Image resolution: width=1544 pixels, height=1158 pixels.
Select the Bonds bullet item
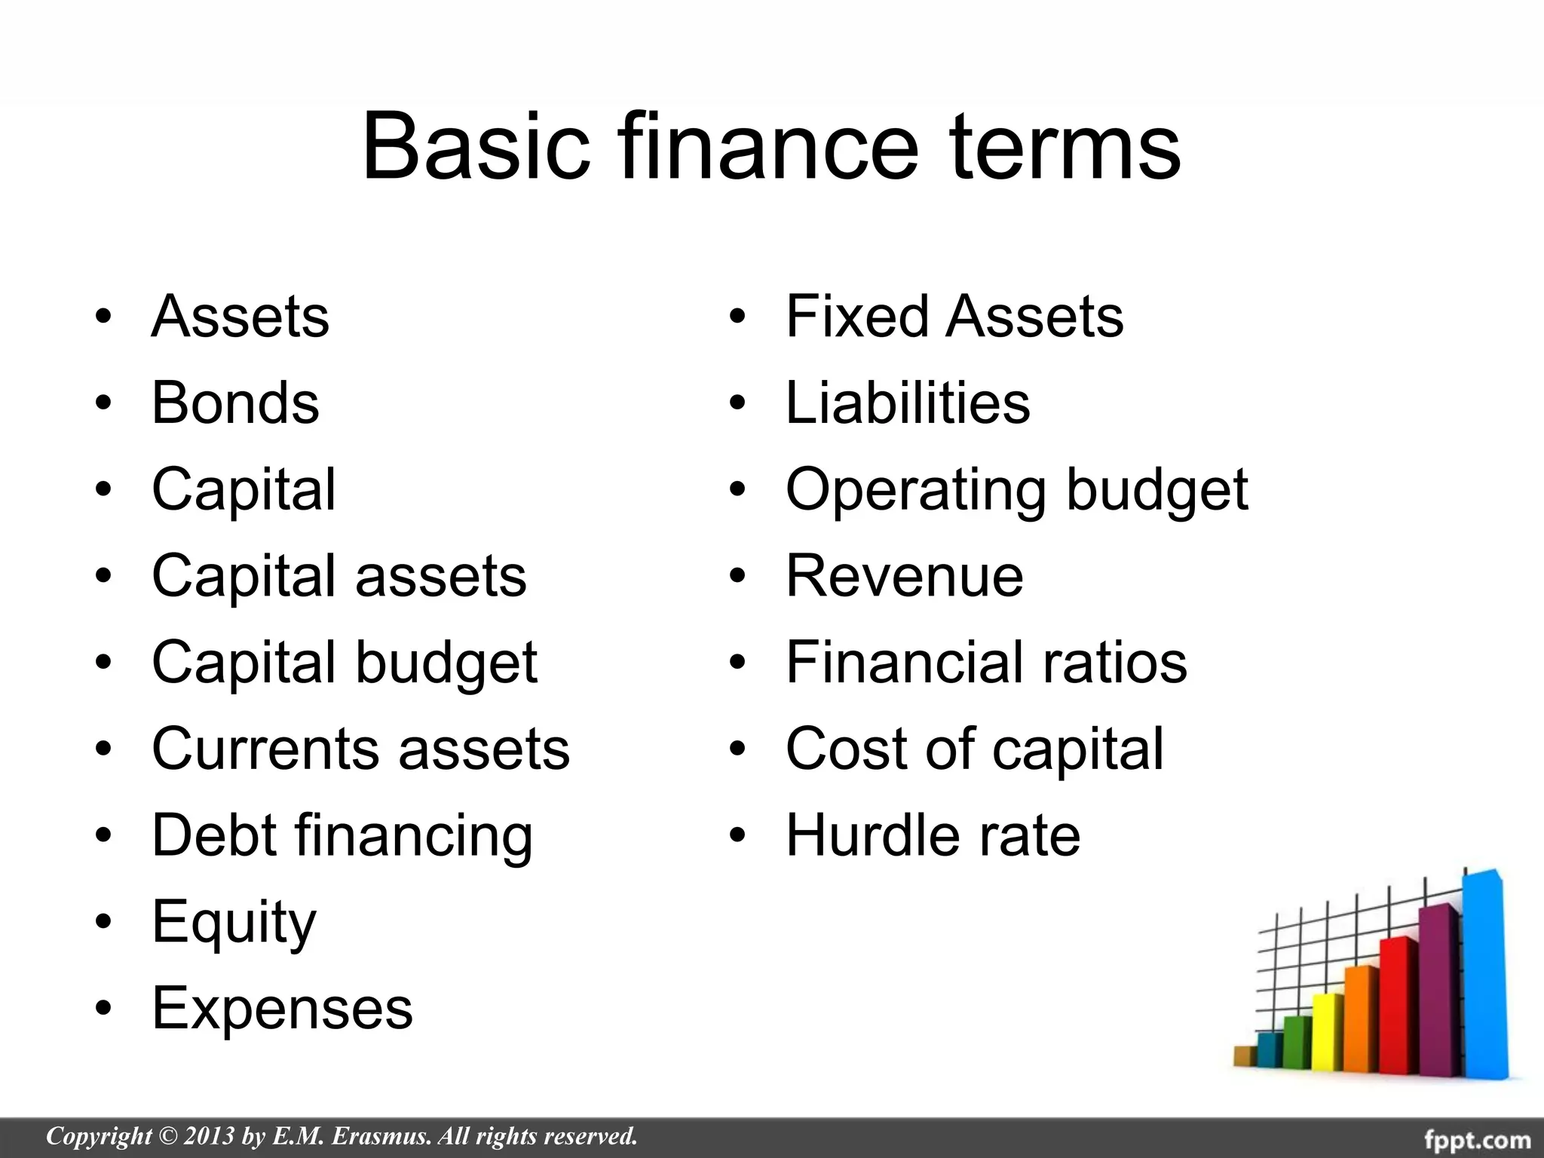coord(235,403)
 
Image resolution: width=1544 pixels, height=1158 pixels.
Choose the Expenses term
coord(282,1009)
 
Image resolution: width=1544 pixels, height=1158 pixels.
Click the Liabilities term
coord(907,403)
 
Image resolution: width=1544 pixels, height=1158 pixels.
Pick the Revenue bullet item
coord(904,576)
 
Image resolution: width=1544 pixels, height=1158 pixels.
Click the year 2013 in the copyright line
coord(208,1136)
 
